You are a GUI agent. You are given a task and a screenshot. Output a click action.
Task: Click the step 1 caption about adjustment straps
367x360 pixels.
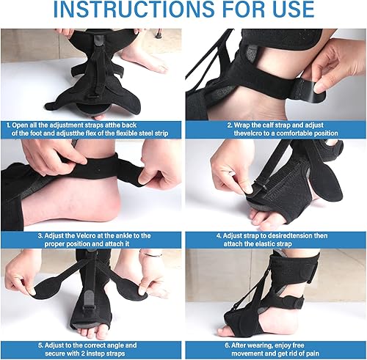click(92, 129)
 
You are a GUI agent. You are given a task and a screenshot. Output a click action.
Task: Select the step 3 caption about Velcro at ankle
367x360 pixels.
click(92, 240)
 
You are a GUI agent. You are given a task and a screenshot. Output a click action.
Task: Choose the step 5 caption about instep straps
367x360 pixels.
click(92, 348)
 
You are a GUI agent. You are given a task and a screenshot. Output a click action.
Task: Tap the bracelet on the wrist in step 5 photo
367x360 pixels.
click(151, 254)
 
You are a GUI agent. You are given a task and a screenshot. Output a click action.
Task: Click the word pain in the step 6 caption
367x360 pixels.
click(312, 353)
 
